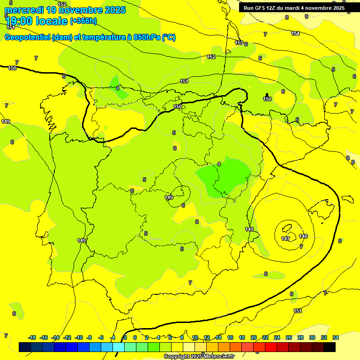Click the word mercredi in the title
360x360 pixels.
24,10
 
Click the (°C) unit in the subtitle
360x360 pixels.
169,37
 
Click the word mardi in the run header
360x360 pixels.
292,8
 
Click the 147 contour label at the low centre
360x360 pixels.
285,239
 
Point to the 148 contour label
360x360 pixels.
303,236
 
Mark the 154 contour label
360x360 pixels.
295,33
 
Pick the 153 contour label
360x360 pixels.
239,43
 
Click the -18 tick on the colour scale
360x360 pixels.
32,337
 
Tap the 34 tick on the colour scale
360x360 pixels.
336,337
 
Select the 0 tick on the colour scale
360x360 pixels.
135,337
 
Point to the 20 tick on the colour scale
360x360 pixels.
254,337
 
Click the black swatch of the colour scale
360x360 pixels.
330,347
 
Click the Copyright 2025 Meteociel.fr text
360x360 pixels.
199,356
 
